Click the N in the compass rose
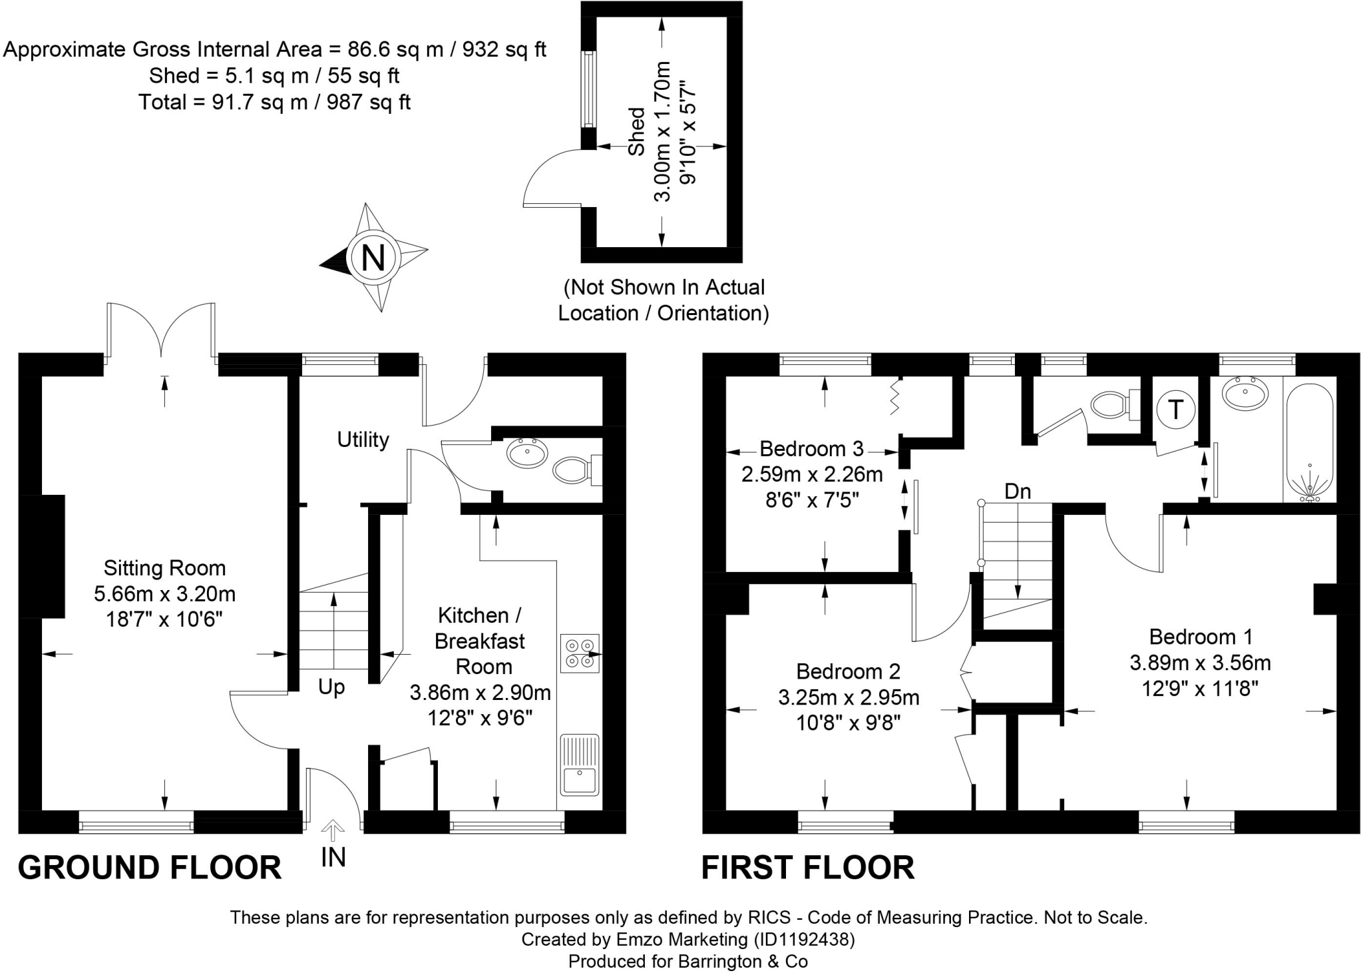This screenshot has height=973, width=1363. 373,257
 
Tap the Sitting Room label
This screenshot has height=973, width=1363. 164,568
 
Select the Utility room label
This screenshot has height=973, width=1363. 363,440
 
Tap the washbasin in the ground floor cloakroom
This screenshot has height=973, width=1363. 527,453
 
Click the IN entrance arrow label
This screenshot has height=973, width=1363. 333,857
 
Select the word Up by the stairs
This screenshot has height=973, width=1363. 331,687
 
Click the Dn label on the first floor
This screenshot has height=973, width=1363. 1018,491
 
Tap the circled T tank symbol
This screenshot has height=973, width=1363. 1176,410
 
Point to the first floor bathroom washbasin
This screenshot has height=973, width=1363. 1245,395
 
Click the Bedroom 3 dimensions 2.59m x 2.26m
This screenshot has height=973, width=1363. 812,474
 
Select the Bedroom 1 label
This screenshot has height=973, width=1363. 1201,637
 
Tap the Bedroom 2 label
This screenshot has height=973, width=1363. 848,671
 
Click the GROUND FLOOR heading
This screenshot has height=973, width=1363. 150,868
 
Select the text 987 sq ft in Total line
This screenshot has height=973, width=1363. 368,102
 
